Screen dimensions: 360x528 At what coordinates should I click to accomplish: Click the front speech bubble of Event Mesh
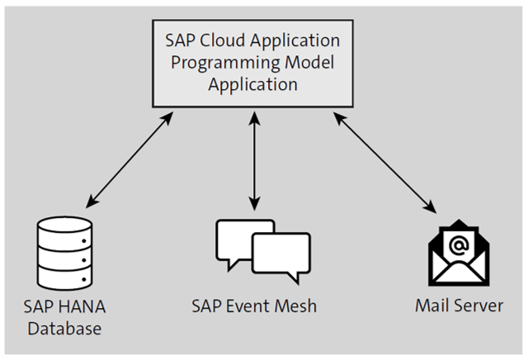coord(280,257)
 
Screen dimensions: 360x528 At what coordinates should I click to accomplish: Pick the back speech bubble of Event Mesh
coord(239,238)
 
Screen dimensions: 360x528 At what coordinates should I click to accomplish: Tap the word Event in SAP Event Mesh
coord(257,307)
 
